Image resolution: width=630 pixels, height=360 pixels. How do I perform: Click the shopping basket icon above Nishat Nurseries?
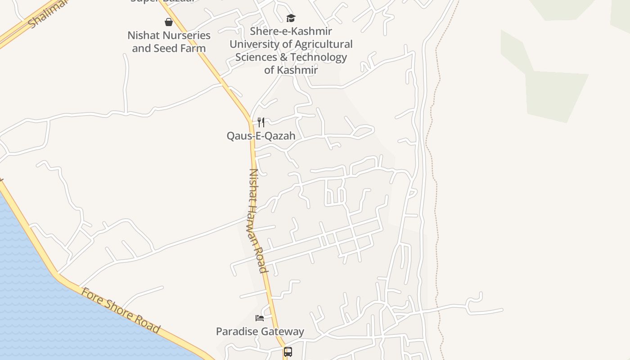pos(169,22)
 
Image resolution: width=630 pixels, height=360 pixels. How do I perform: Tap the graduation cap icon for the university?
pos(291,18)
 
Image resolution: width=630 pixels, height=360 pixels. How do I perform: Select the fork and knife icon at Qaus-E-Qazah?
pos(261,122)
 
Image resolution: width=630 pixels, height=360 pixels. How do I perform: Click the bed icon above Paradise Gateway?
pos(260,318)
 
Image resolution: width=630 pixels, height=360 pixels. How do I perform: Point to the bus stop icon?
pos(288,352)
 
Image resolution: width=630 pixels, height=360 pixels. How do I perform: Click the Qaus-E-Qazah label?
pos(261,136)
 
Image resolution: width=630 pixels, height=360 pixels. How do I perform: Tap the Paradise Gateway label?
pos(260,332)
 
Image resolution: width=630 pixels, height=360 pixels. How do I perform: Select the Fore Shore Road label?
pos(121,310)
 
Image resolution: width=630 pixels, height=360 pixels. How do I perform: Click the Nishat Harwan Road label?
pos(258,220)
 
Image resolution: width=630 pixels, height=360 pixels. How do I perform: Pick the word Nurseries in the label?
pos(187,35)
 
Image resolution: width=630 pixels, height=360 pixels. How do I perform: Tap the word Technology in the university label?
pos(321,57)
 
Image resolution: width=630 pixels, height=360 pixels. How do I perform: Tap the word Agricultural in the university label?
pos(321,44)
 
